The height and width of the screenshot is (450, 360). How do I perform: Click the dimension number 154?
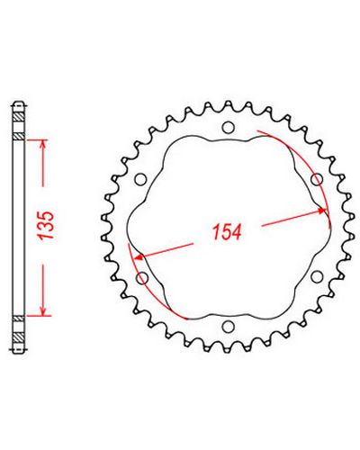click(227, 232)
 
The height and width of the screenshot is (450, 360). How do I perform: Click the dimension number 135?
click(47, 225)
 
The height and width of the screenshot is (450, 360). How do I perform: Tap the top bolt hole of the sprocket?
click(228, 128)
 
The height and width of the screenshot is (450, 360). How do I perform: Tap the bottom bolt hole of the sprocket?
click(228, 326)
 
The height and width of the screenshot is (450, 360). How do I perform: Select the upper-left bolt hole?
click(140, 179)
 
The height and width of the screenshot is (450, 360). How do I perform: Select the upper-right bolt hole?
click(317, 180)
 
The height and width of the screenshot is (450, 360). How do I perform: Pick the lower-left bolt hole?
click(142, 278)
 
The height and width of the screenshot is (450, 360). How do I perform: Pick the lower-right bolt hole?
click(317, 276)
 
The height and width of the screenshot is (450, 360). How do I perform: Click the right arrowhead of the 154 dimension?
click(322, 211)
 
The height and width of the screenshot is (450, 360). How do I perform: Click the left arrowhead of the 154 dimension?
click(139, 257)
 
